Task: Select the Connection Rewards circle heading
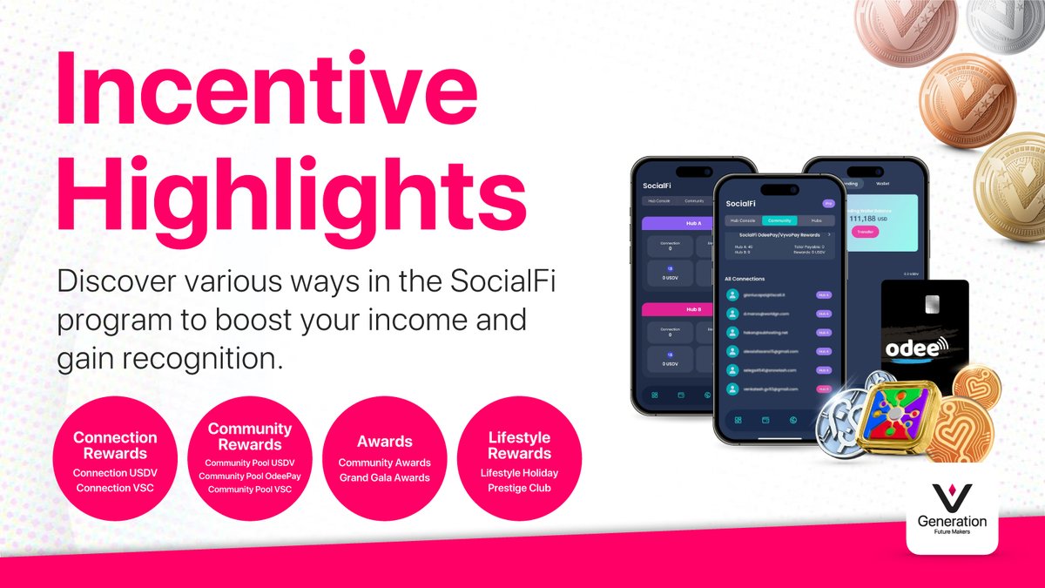(x=115, y=445)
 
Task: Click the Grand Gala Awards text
(x=384, y=477)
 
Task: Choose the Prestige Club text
(x=519, y=487)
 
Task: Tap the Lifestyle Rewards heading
(x=519, y=445)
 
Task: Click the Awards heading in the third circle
(x=384, y=442)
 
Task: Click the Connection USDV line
(x=115, y=473)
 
